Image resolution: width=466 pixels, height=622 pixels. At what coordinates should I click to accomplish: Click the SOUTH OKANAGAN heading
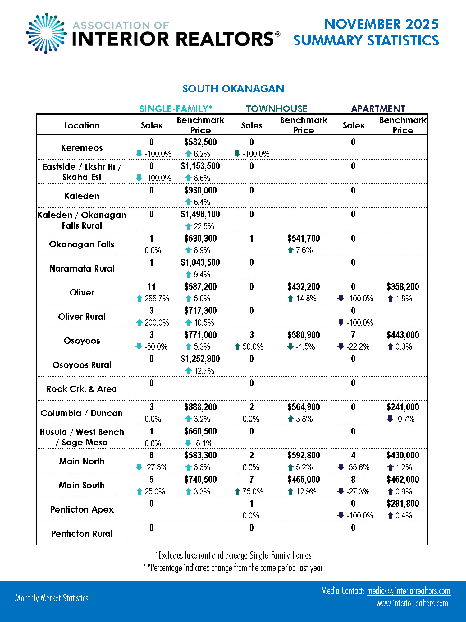coord(233,89)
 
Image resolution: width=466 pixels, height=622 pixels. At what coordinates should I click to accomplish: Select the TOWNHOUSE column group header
coord(276,109)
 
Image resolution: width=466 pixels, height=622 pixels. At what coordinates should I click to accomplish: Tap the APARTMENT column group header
coord(378,109)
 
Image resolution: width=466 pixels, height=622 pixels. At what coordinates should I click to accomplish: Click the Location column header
coord(82,125)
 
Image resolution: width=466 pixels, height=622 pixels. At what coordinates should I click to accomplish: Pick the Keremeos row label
coord(82,148)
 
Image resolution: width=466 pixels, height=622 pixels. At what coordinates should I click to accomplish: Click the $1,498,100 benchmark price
coord(200,214)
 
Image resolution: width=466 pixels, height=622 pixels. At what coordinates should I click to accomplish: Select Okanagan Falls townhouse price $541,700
coord(303,239)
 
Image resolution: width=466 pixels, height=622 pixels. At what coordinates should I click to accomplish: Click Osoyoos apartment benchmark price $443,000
coord(403,335)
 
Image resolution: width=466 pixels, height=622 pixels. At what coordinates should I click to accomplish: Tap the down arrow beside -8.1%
coord(188,443)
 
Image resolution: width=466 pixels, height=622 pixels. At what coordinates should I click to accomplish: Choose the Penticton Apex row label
coord(82,509)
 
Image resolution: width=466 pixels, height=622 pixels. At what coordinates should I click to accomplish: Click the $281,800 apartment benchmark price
coord(403,504)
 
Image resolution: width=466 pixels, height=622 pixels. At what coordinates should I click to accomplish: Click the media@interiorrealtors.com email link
coord(408,591)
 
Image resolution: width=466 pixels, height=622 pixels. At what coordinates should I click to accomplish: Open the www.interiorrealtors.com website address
coord(412,604)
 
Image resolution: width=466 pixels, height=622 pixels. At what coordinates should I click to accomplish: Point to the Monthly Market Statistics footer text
coord(52,598)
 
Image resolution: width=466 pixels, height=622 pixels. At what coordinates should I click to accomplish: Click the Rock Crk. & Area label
coord(82,389)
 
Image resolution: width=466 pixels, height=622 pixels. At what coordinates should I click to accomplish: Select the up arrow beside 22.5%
coord(188,226)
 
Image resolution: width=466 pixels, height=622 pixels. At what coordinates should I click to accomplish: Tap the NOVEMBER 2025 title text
coord(381,24)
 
